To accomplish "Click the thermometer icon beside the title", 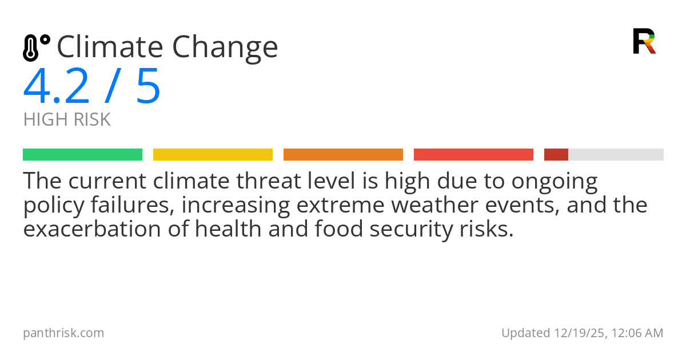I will (36, 48).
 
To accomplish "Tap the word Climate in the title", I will (109, 47).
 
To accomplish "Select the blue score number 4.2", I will (57, 87).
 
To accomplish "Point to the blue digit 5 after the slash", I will (148, 87).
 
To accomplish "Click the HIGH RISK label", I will (67, 120).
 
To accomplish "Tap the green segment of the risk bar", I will (82, 155).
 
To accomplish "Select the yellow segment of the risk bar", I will (213, 155).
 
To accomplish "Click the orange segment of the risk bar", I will (343, 155).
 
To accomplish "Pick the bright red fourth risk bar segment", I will (473, 155).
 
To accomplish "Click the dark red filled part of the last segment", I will (556, 155).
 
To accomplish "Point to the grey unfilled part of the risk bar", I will (616, 155).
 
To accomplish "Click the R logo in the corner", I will (644, 41).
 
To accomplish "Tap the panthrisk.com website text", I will (63, 333).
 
